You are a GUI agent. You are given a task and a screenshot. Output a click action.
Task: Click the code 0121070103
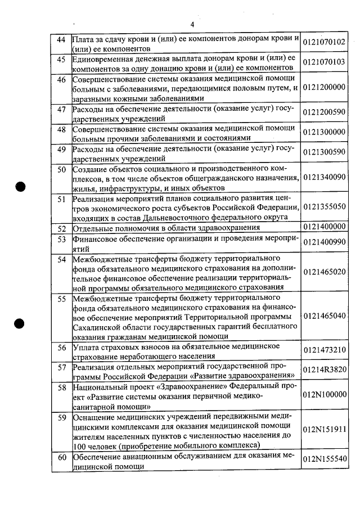pos(324,62)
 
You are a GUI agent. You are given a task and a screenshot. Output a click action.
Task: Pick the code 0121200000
pos(324,87)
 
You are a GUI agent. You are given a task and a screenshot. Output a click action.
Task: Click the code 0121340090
pos(324,177)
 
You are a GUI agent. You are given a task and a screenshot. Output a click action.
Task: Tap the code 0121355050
pos(324,207)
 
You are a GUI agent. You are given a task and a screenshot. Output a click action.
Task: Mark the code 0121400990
pos(324,242)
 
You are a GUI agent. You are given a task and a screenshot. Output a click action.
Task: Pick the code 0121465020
pos(324,272)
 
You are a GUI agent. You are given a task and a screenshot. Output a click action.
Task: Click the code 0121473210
pos(324,350)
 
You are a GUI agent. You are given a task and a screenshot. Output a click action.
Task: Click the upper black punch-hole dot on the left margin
pos(21,187)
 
